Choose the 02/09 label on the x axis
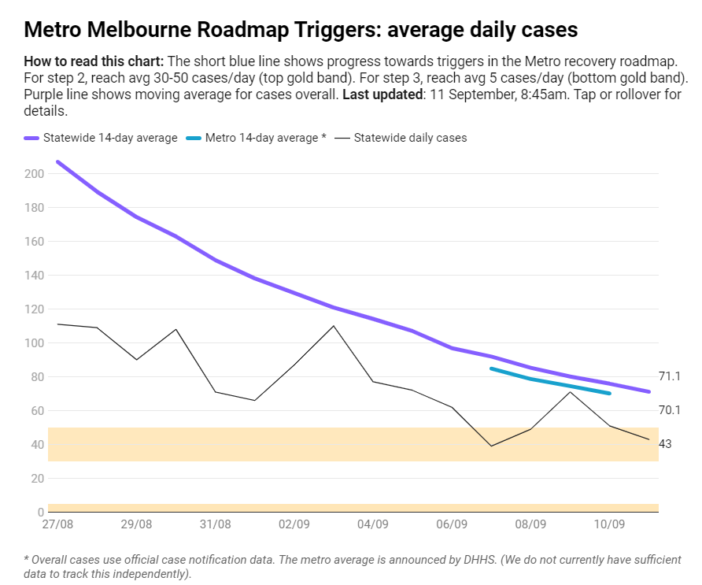click(294, 524)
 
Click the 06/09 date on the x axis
click(452, 524)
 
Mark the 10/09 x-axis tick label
click(609, 524)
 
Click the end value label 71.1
click(670, 377)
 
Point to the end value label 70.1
click(670, 410)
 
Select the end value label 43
click(665, 444)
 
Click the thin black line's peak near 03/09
click(334, 326)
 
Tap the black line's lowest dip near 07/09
click(491, 446)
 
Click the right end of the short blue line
click(610, 393)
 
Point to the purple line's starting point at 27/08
click(58, 162)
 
